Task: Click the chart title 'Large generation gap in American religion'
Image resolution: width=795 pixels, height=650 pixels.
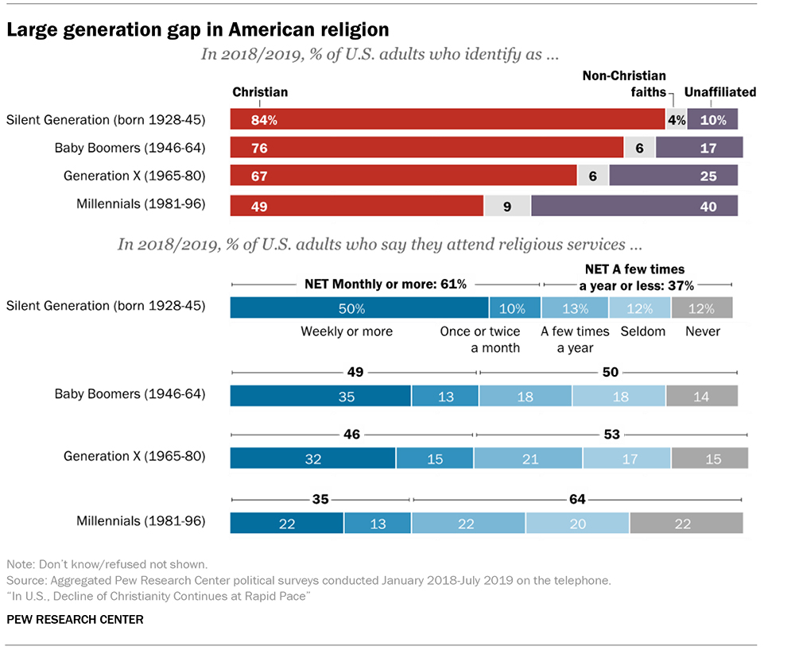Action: tap(198, 30)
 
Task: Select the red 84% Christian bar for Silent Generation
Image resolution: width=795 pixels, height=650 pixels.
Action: tap(448, 120)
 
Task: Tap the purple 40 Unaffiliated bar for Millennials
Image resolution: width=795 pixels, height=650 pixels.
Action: tap(634, 206)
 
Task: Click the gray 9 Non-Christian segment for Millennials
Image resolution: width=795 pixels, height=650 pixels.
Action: tap(506, 206)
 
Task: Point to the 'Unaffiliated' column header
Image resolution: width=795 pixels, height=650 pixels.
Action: tap(721, 92)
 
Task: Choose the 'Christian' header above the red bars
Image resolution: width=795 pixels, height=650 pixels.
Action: tap(260, 92)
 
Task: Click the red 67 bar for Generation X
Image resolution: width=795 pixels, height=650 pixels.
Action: tap(403, 176)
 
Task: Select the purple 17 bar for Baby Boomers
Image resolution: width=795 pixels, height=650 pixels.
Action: tap(699, 148)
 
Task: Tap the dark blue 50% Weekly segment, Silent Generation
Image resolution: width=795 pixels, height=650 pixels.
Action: tap(359, 308)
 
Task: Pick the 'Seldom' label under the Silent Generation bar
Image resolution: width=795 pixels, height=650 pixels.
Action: tap(642, 331)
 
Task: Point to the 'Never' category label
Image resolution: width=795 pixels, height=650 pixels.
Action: tap(703, 331)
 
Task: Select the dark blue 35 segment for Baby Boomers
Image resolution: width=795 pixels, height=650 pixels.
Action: tap(320, 396)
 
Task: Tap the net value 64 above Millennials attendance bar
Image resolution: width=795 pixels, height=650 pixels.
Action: tap(577, 499)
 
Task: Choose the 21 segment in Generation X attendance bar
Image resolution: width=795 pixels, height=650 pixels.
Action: tap(528, 458)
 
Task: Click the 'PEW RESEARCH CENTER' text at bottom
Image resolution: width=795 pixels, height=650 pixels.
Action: tap(76, 619)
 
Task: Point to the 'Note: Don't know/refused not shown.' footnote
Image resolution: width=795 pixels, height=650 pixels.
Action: tap(107, 564)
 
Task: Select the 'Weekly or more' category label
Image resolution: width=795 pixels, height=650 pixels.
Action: tap(347, 331)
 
